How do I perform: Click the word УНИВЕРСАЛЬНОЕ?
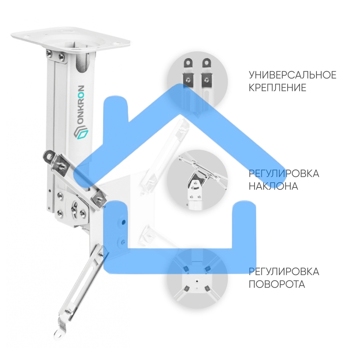[x=292, y=75]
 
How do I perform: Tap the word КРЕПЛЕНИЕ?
[x=277, y=87]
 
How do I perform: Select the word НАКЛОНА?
[x=273, y=186]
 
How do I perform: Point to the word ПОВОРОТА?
[x=277, y=284]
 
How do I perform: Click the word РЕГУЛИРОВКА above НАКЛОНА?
[x=284, y=174]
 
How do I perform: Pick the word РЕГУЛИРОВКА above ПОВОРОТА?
[x=284, y=271]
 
